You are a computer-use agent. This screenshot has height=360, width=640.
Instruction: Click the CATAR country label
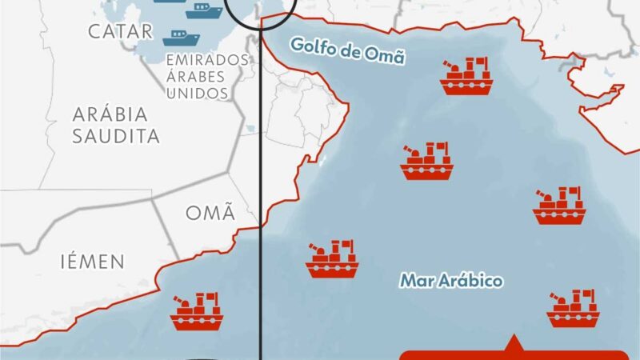[x=120, y=31]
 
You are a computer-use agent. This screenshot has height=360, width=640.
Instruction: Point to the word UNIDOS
[x=197, y=94]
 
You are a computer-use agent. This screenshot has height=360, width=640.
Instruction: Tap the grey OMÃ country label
[x=210, y=213]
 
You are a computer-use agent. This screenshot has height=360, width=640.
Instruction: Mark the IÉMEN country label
[x=92, y=261]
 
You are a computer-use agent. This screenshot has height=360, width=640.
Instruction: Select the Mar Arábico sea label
[x=451, y=281]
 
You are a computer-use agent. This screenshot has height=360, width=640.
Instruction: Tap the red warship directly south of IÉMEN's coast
[x=196, y=311]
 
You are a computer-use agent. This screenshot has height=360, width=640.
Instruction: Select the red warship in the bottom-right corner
[x=573, y=309]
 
